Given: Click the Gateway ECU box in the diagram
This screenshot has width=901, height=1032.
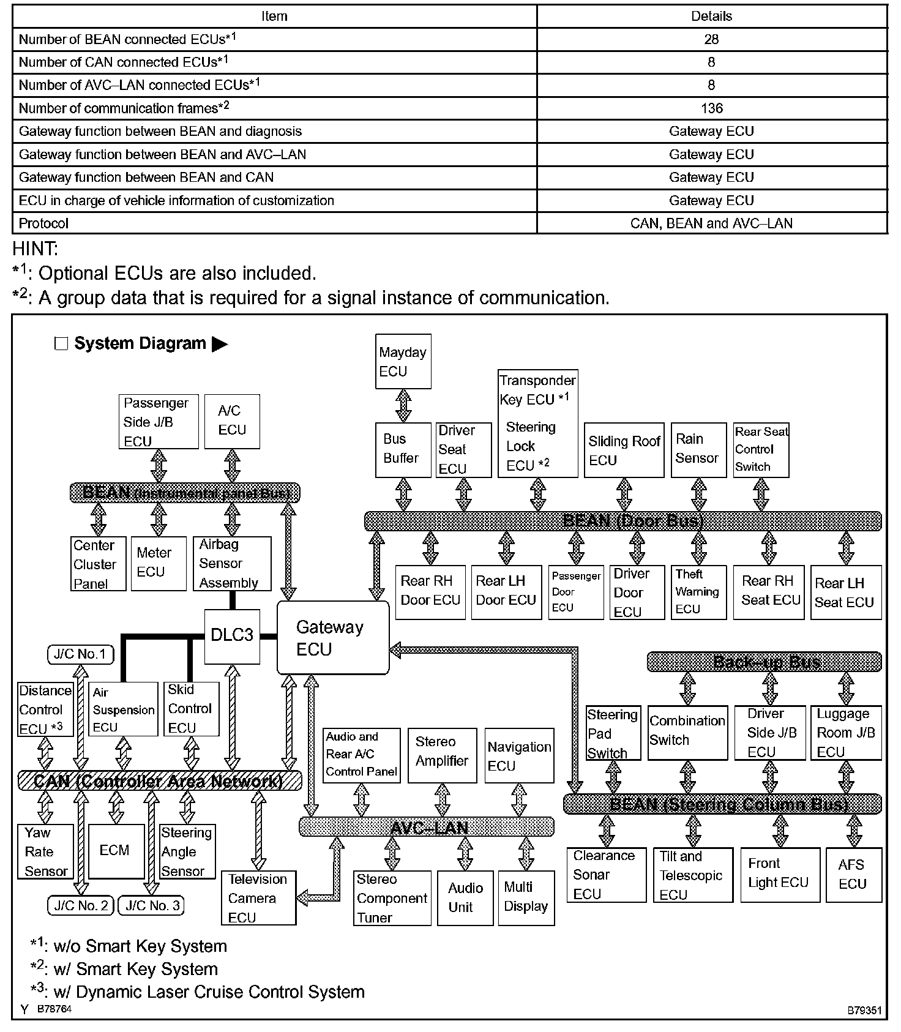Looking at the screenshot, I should [332, 638].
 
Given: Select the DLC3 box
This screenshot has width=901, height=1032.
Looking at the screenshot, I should [231, 635].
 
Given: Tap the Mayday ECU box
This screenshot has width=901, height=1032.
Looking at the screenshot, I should [403, 361].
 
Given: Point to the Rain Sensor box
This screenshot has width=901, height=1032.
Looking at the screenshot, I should [698, 449].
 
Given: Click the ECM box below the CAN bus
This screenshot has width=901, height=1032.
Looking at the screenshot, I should [116, 851].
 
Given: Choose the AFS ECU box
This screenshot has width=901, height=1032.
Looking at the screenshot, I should [853, 874].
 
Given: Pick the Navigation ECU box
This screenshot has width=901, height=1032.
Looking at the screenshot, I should [519, 755].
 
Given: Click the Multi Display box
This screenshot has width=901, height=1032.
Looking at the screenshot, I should [526, 897].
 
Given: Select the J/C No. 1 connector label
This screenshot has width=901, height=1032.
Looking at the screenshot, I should [80, 654].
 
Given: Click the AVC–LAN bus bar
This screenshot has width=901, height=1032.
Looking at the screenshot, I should [427, 828].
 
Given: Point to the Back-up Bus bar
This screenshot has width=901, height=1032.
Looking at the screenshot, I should [765, 662].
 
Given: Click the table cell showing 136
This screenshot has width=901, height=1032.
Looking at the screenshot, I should [711, 108].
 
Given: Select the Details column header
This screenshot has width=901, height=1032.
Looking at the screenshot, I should [711, 17].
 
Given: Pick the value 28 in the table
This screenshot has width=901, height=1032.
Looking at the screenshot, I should [711, 40].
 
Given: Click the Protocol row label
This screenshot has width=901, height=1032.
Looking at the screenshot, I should [44, 223].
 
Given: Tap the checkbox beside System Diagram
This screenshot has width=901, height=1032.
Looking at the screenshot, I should [61, 344].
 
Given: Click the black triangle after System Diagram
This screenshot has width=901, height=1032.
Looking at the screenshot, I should [219, 344].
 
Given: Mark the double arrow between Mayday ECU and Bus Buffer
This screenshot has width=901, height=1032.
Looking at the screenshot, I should [403, 405].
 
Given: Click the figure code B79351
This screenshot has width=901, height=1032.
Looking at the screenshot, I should [864, 1009].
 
